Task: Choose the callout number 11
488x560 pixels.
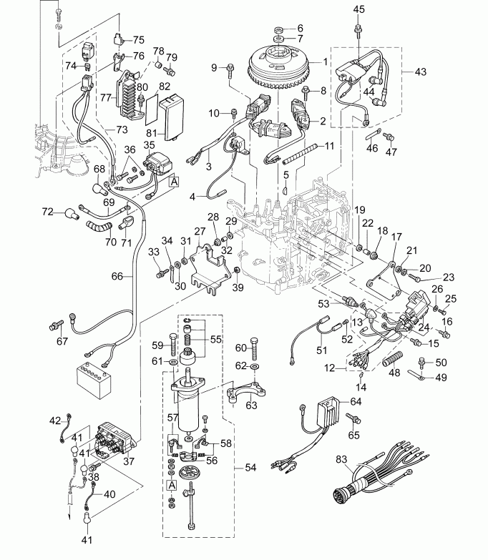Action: click(x=328, y=145)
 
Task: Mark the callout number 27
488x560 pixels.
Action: click(x=200, y=231)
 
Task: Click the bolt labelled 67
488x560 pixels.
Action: click(x=53, y=325)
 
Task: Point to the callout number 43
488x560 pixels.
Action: click(x=420, y=72)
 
